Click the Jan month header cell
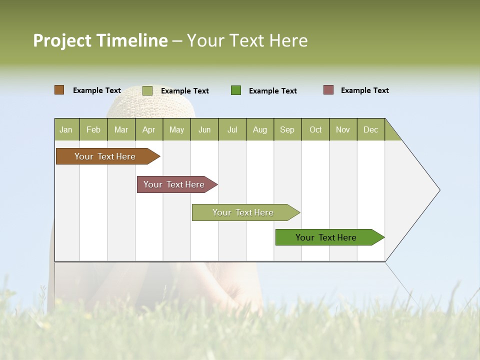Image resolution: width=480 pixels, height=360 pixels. click(x=66, y=129)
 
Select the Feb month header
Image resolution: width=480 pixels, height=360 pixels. click(x=93, y=129)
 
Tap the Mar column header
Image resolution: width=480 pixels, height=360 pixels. click(x=121, y=129)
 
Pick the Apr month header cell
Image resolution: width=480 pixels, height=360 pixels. click(x=149, y=129)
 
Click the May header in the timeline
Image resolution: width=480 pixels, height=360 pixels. click(x=176, y=129)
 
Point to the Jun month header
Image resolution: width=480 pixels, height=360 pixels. click(x=204, y=129)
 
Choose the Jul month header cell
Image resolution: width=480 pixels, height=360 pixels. click(x=232, y=129)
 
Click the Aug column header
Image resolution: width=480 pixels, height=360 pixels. click(x=260, y=129)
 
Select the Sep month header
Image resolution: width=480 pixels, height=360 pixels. click(x=287, y=129)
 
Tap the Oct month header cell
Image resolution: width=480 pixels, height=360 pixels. click(x=315, y=129)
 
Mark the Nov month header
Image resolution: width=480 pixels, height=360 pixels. click(x=343, y=129)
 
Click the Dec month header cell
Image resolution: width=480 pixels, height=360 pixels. click(x=371, y=129)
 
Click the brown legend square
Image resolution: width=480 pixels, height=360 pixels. click(x=59, y=90)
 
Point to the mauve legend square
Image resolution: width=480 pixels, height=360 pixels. click(x=328, y=90)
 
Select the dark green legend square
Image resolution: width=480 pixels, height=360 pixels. click(x=236, y=90)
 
